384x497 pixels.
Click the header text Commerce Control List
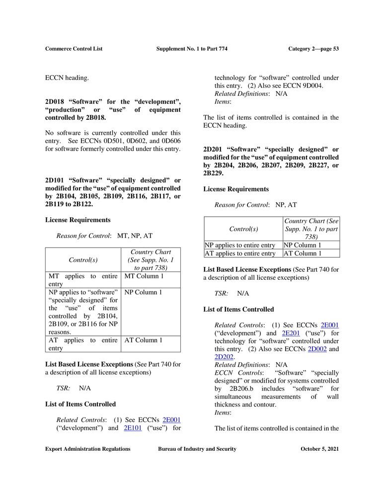click(x=74, y=49)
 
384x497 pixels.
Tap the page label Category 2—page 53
click(x=313, y=49)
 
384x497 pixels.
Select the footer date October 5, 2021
click(x=319, y=449)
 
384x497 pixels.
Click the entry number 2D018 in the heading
click(x=56, y=102)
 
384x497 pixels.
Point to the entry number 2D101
click(x=56, y=180)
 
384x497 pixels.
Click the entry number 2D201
click(x=214, y=149)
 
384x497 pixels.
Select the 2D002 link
click(x=317, y=349)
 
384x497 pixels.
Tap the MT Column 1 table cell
click(x=144, y=276)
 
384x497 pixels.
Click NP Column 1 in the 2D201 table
click(x=303, y=245)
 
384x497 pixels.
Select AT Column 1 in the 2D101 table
click(x=144, y=340)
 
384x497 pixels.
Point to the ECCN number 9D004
click(x=311, y=85)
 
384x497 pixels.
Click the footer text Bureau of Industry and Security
click(x=197, y=449)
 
